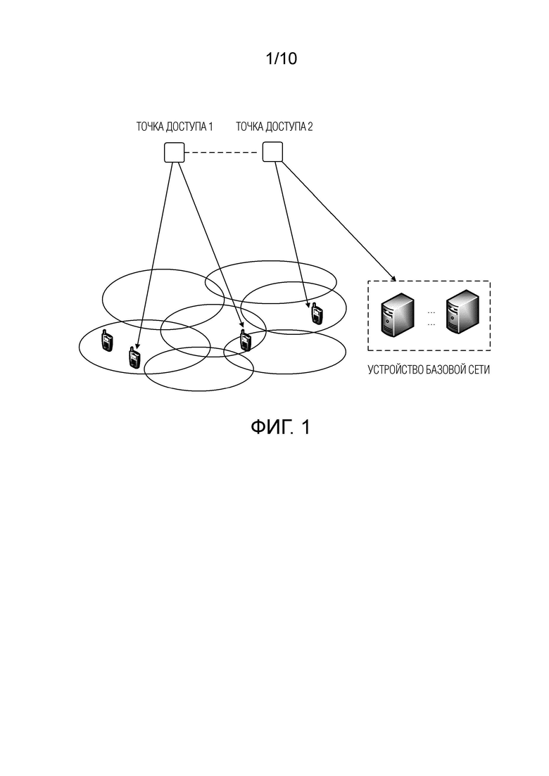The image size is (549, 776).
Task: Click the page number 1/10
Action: coord(281,58)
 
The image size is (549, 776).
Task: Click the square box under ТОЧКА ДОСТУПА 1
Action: coord(175,152)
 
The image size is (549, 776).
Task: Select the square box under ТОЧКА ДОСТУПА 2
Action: coord(272,151)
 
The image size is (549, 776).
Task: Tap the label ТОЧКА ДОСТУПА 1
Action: coord(175,127)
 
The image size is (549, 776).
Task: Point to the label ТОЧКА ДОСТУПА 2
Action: coord(274,127)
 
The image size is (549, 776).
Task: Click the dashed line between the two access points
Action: coord(223,153)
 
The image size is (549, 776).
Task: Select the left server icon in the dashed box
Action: coord(397,314)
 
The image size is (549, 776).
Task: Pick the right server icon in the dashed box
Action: coord(462,311)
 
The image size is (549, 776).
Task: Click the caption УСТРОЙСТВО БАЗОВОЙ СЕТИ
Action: coord(429,369)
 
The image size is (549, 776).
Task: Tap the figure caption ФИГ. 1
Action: coord(280,426)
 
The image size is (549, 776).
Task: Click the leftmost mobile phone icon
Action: coord(106,340)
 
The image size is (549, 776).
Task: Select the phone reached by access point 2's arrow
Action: coord(316,313)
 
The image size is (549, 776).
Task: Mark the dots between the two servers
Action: coord(431,318)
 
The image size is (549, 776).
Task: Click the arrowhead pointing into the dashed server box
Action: coord(392,278)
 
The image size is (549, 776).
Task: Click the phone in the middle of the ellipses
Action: coord(244,340)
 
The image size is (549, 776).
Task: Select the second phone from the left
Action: coord(134,357)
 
